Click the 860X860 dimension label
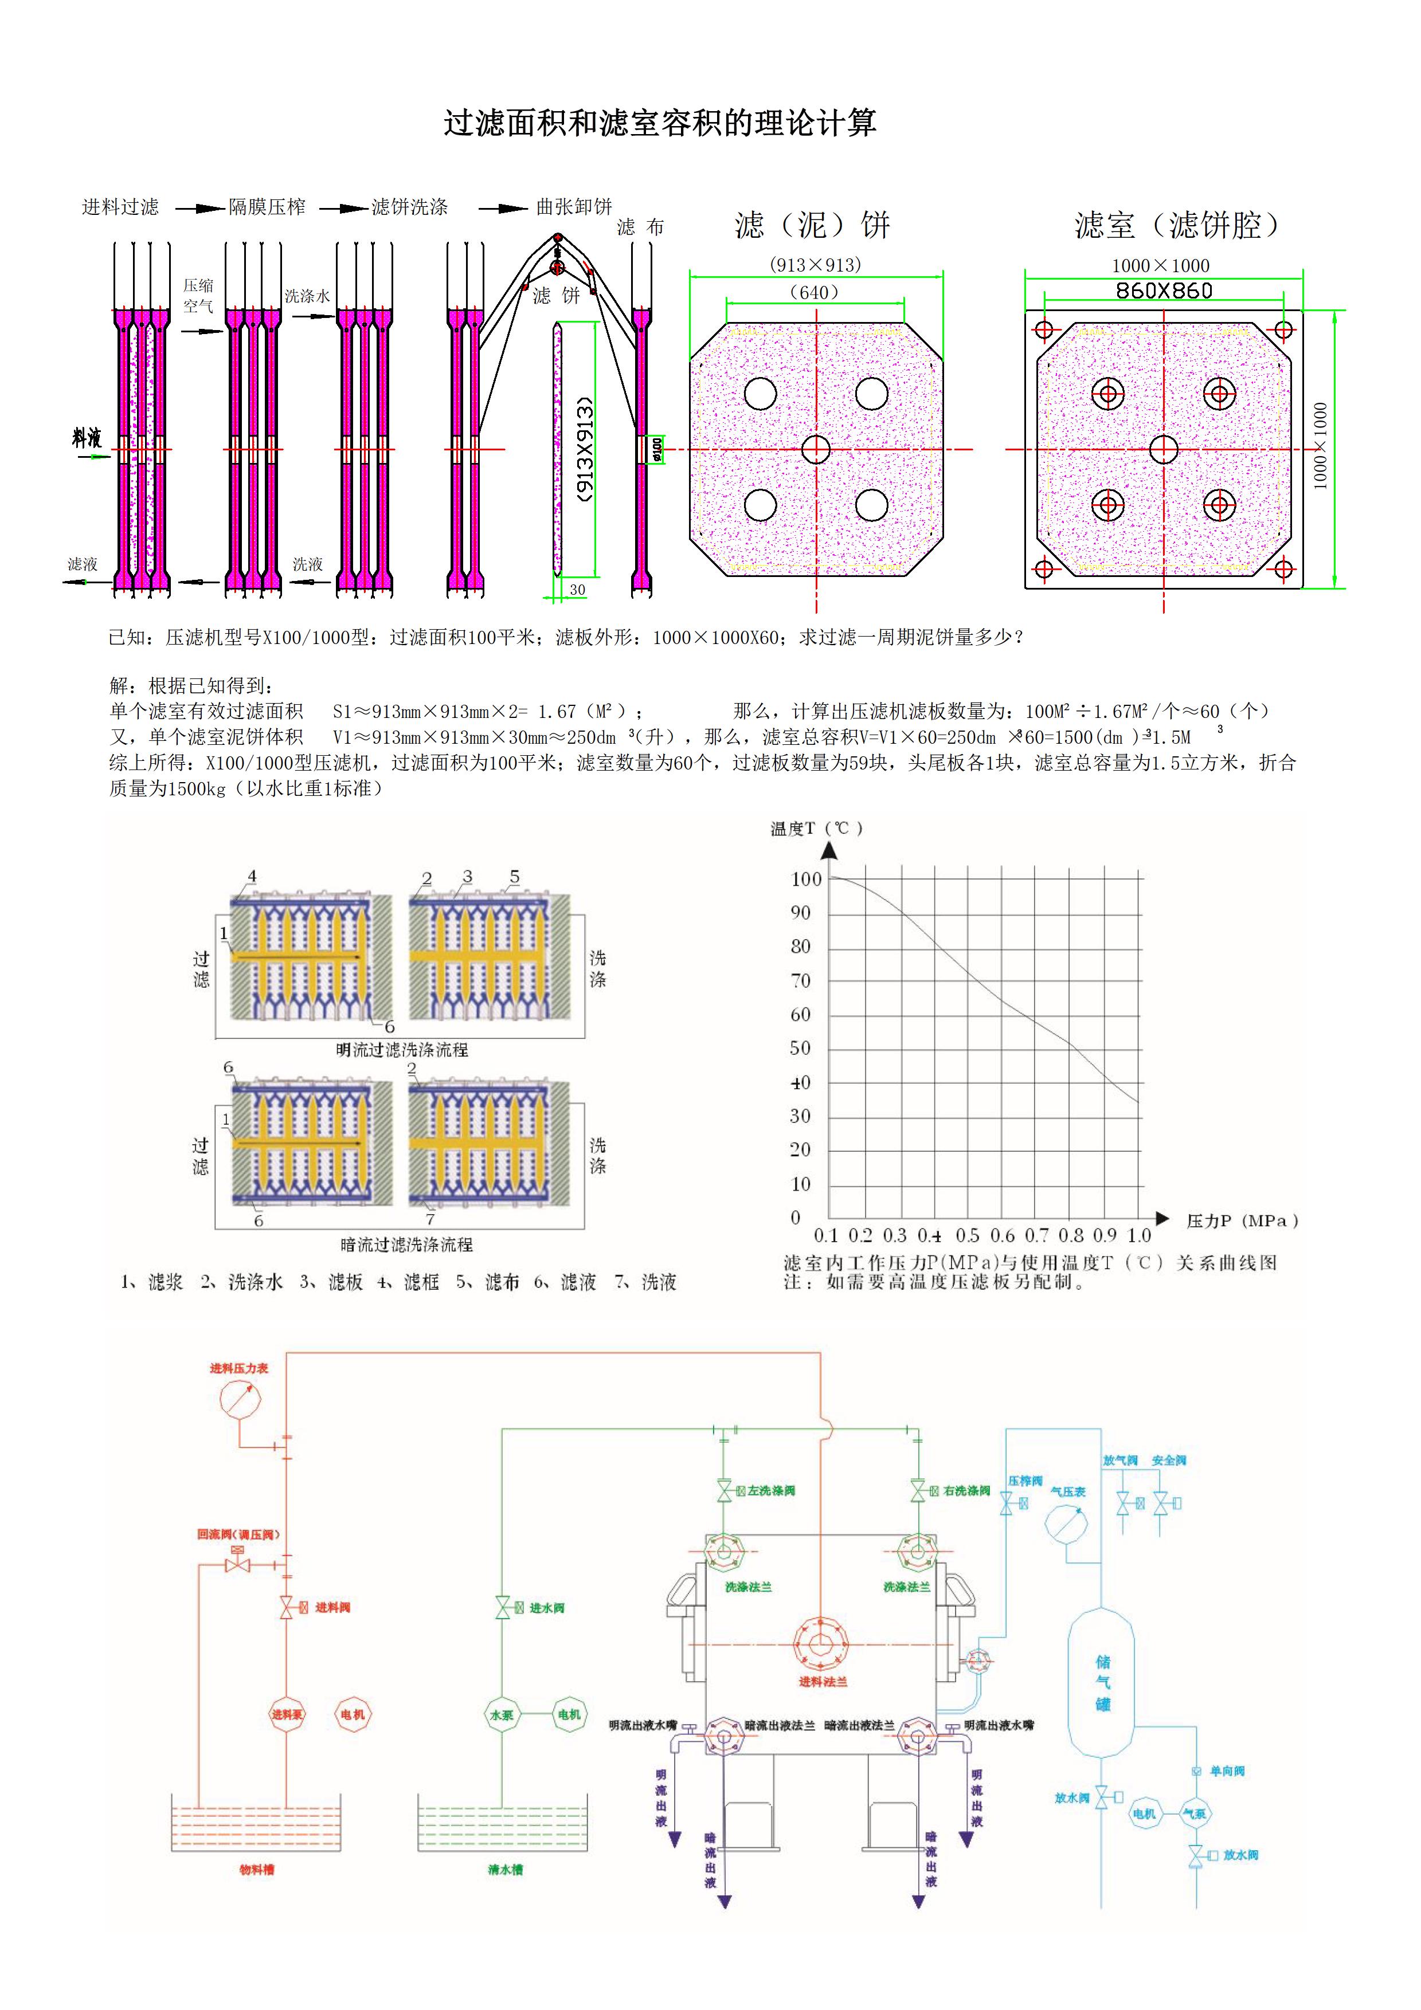tap(1164, 292)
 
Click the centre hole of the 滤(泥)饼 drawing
tap(815, 449)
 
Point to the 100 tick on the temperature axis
tap(805, 879)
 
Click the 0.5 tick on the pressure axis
tap(966, 1235)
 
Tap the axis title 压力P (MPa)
tap(1242, 1220)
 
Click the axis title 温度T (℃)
tap(816, 828)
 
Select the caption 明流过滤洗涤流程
tap(402, 1050)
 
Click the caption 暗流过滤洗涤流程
tap(406, 1244)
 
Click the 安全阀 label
tap(1168, 1460)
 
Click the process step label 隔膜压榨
tap(267, 207)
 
